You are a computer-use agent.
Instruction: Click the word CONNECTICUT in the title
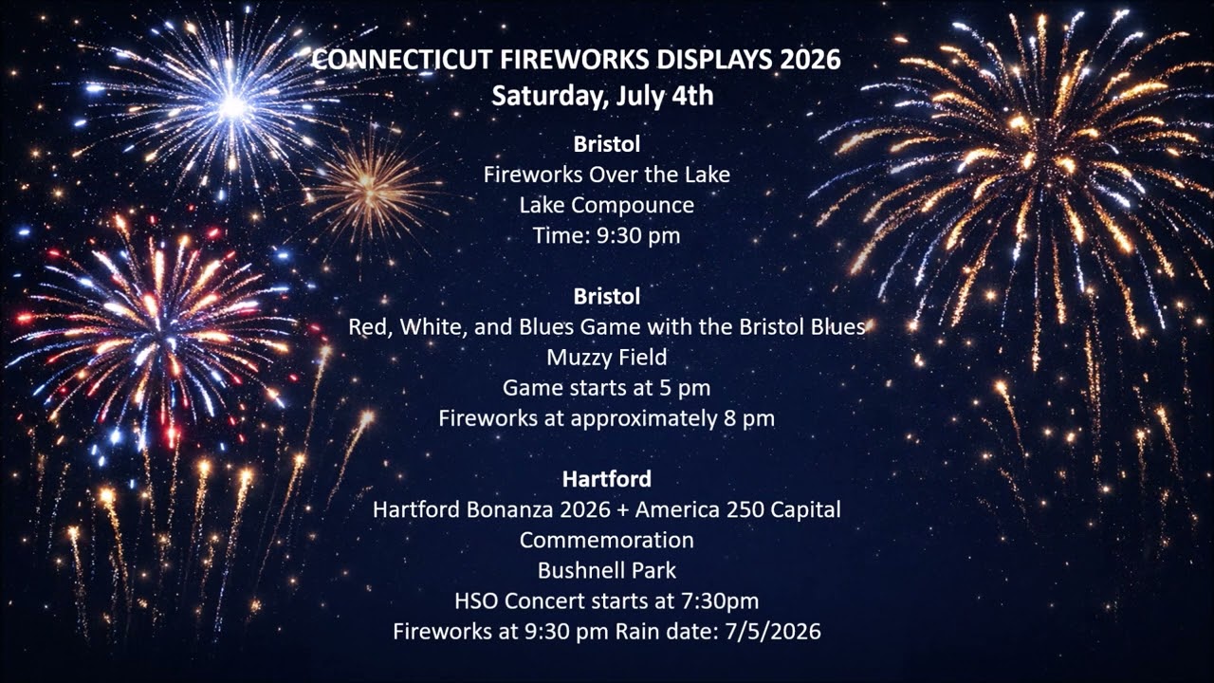401,60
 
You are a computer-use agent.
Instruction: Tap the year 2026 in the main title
810,60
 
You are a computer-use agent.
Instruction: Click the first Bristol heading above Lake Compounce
607,144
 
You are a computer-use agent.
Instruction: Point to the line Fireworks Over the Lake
607,175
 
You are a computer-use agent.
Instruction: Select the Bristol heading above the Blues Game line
607,297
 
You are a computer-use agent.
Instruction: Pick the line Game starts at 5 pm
606,388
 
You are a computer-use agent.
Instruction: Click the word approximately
644,419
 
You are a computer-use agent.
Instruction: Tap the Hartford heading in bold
607,479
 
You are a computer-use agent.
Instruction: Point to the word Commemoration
607,541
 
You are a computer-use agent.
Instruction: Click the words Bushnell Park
607,571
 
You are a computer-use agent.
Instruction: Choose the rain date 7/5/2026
773,632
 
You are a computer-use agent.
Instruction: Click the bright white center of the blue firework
233,106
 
